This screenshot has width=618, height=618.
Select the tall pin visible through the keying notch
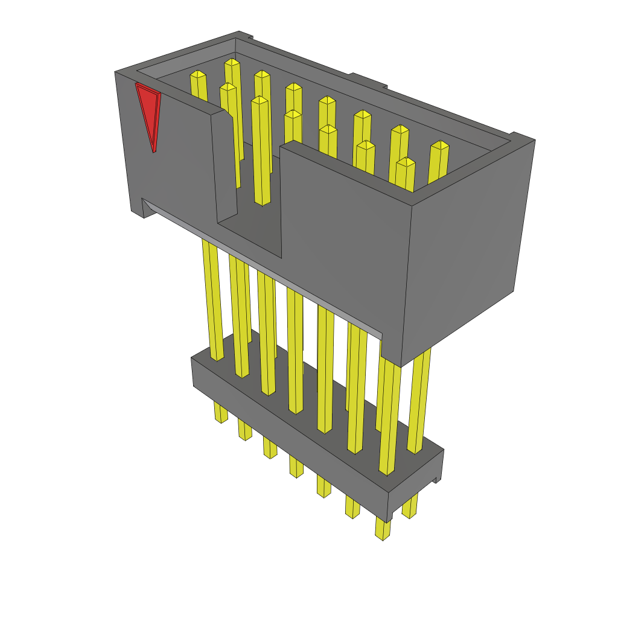261,151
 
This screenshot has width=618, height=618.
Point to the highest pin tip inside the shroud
232,62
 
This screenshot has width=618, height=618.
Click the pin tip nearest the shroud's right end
440,145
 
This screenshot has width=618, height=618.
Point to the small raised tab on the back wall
368,80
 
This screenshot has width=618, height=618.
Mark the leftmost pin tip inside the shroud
197,74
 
